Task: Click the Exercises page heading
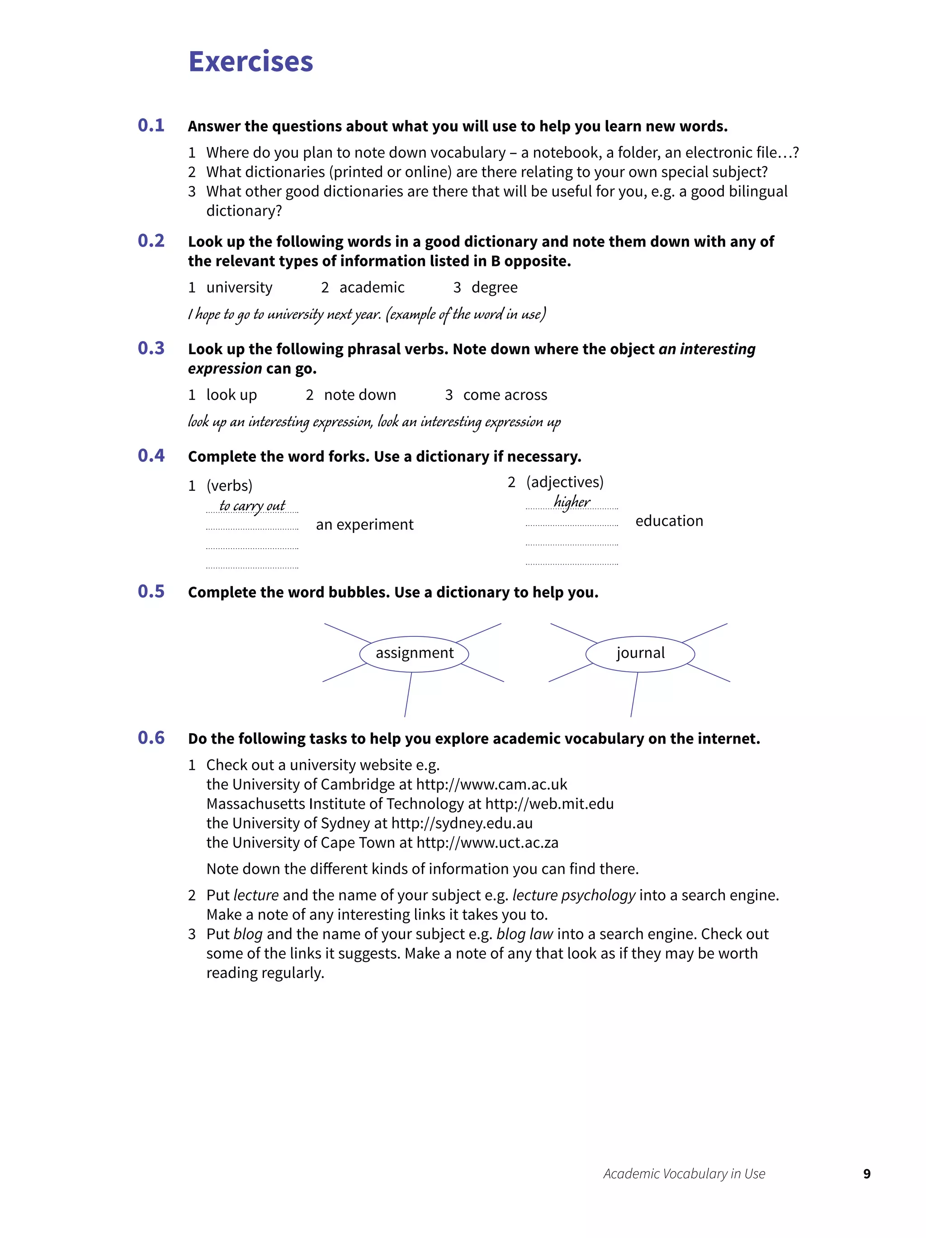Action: tap(250, 62)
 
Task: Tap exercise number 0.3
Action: tap(151, 348)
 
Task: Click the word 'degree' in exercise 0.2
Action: tap(494, 287)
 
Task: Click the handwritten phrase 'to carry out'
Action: tap(252, 505)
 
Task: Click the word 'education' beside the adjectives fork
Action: tap(669, 521)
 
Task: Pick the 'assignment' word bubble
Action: tap(414, 653)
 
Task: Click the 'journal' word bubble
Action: tap(640, 653)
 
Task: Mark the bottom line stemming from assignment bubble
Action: tap(408, 695)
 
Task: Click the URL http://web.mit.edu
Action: tap(549, 804)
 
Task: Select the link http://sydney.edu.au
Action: tap(462, 823)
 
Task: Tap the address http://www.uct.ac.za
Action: tap(487, 842)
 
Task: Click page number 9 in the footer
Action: tap(866, 1174)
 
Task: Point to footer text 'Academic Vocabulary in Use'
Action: tap(684, 1174)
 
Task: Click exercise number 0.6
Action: tap(151, 738)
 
